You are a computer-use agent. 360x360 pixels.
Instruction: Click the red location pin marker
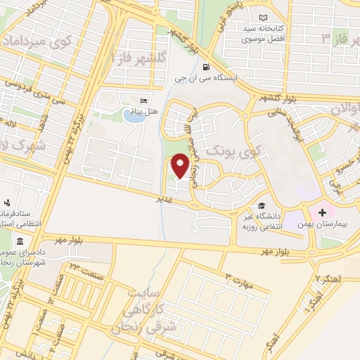(x=181, y=167)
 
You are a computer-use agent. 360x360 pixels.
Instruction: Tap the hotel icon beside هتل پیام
(x=144, y=101)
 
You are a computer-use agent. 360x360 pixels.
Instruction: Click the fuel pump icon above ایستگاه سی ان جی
(x=205, y=68)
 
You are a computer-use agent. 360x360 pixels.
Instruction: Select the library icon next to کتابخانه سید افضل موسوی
(x=263, y=18)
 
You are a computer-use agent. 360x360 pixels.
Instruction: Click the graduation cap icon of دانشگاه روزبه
(x=262, y=205)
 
